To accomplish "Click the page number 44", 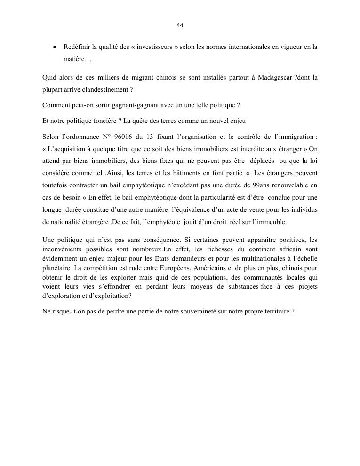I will [x=180, y=25].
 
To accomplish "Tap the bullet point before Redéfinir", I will [x=55, y=47].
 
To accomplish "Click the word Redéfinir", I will [x=77, y=47].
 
